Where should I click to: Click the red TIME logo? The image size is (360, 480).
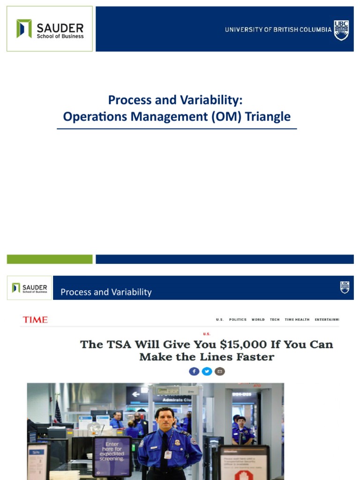[35, 320]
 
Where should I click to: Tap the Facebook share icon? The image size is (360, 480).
[194, 371]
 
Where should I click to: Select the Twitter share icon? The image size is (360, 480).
[207, 371]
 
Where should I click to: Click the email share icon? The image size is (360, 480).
[219, 371]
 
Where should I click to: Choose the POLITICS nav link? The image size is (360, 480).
[238, 320]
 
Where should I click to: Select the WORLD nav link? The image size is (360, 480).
[258, 320]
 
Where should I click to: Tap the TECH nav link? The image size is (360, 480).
[275, 320]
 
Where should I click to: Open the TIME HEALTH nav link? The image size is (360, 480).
[297, 320]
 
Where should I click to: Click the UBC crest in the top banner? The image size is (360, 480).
[341, 30]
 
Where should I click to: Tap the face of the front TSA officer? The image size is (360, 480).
[165, 419]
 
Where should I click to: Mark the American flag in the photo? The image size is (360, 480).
[58, 412]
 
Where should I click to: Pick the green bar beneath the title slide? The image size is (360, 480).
[50, 259]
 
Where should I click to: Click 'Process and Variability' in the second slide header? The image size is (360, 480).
[106, 292]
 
